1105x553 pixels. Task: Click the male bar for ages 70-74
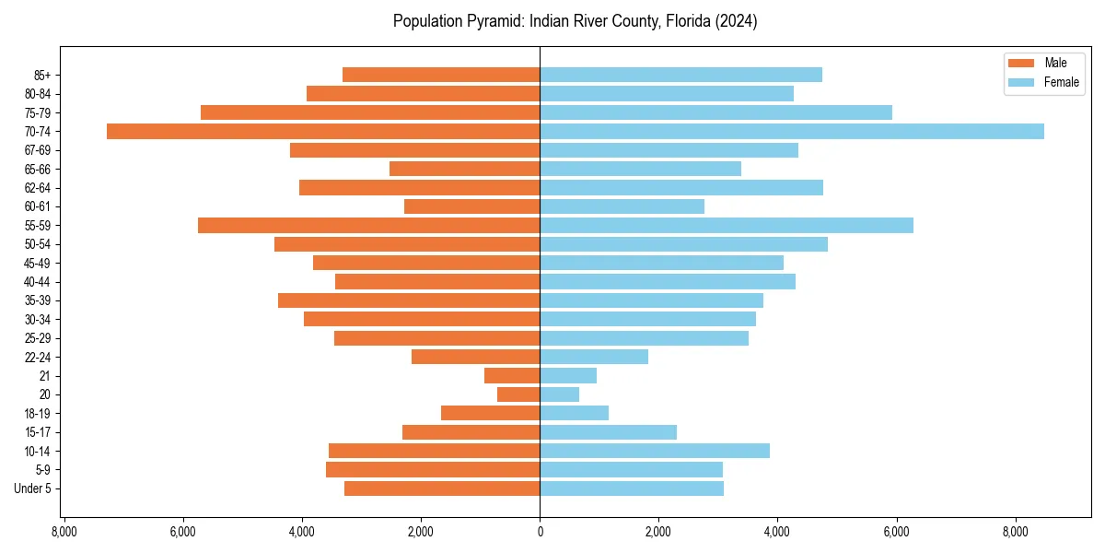pos(322,131)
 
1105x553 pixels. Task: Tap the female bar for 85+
pos(680,75)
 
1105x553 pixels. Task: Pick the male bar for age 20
pos(518,394)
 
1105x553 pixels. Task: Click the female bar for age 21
pos(568,376)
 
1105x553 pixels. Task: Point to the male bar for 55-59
pos(368,225)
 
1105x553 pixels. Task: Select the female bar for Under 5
pos(632,488)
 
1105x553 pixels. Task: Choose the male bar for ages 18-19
pos(490,413)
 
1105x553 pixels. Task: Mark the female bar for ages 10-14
pos(655,451)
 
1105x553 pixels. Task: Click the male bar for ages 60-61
pos(471,206)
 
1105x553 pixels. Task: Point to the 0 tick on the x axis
pos(540,532)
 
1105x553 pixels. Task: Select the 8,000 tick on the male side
pos(64,532)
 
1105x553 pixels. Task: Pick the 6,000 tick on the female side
pos(896,532)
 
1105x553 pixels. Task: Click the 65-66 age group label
pos(38,169)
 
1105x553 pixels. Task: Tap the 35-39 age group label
pos(38,300)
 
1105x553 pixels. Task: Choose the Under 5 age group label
pos(32,488)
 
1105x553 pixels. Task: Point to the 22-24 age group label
pos(38,357)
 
